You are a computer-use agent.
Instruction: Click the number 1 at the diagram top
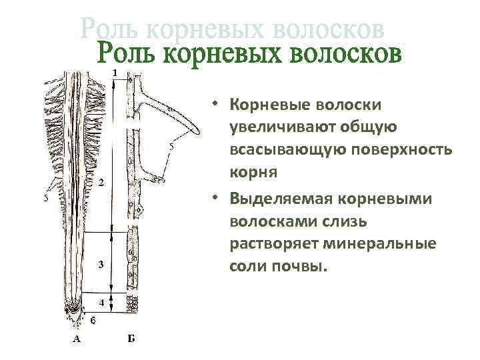click(116, 71)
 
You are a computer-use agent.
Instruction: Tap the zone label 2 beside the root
click(101, 182)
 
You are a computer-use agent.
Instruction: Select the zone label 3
click(100, 265)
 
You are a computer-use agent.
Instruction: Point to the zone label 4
click(101, 303)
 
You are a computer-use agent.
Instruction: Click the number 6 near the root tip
click(93, 321)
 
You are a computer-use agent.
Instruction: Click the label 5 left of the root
click(45, 198)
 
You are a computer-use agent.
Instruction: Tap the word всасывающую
click(283, 149)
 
